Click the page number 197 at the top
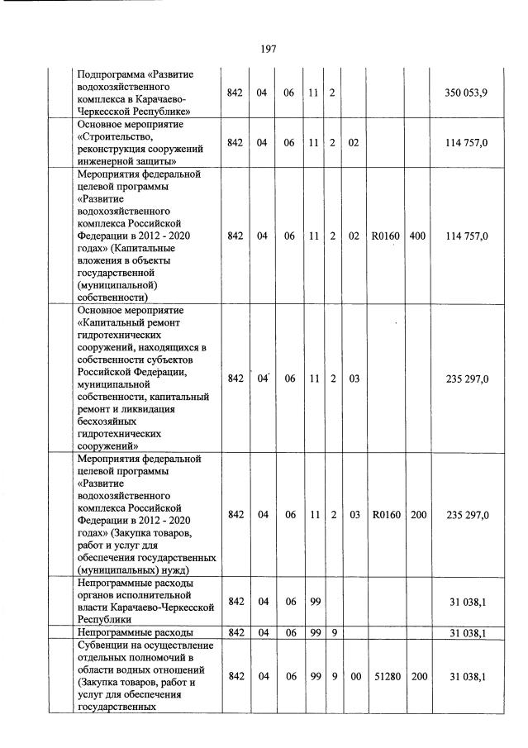267,49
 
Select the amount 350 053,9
466,92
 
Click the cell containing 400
417,236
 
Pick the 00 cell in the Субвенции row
354,676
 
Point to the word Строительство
111,136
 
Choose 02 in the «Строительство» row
354,142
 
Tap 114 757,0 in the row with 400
467,236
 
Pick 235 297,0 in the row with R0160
467,515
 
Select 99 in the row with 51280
314,676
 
